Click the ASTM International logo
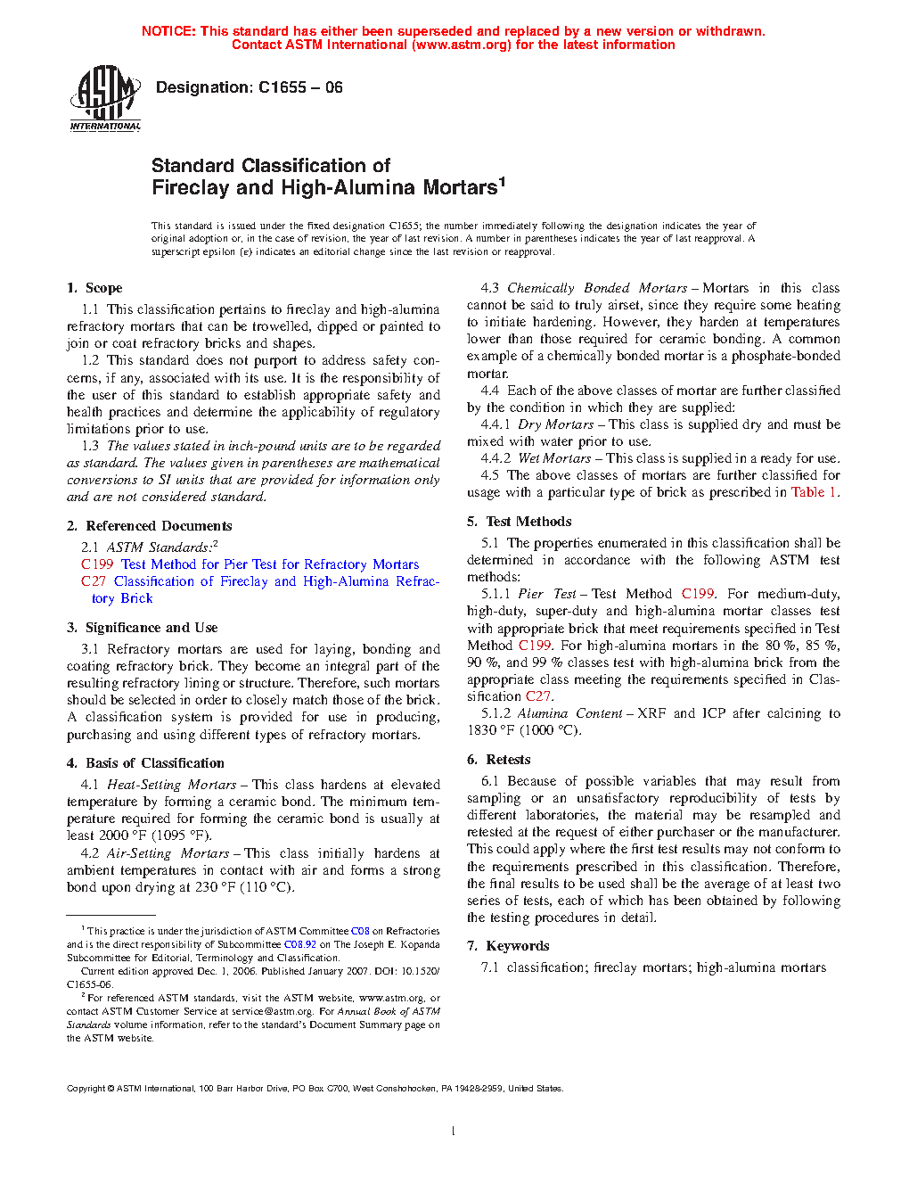[105, 98]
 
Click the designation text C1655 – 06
[249, 87]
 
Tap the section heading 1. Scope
[94, 288]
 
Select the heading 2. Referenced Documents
[149, 526]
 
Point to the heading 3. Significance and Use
[142, 628]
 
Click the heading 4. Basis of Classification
[145, 763]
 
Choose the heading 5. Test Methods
[519, 522]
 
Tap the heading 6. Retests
[498, 760]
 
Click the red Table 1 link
[813, 492]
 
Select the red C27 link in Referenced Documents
[93, 581]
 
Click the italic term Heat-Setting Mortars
[171, 785]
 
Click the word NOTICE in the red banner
[168, 31]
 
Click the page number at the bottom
[454, 1132]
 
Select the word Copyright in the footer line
[86, 1089]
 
